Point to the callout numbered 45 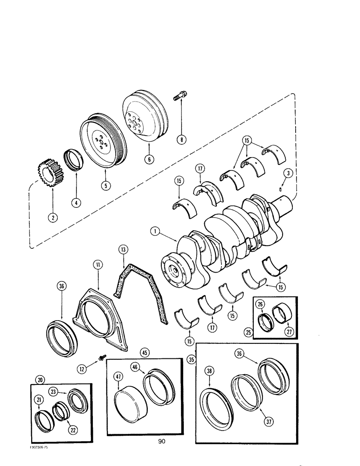[x=145, y=352]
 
